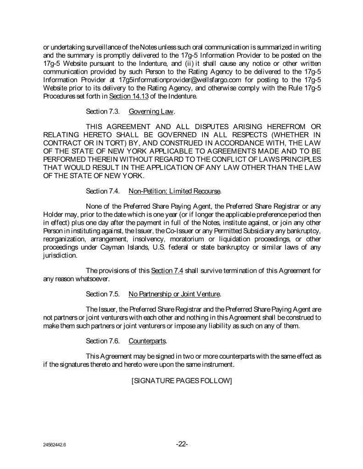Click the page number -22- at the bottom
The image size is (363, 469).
182,444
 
